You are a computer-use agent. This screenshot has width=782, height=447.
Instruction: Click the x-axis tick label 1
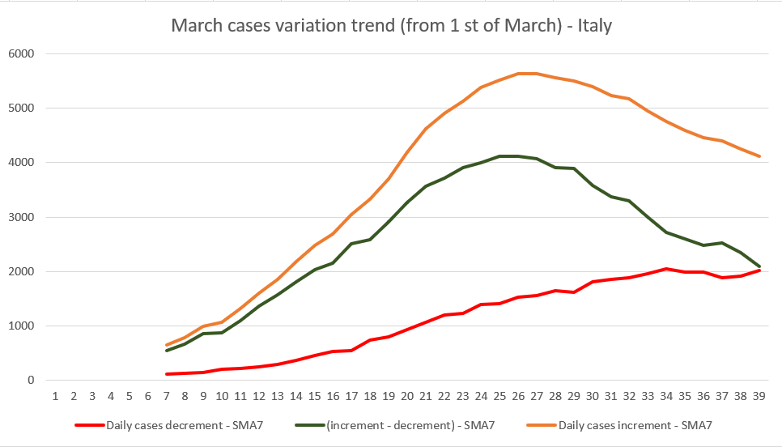(55, 396)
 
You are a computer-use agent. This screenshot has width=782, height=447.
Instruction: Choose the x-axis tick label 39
(759, 396)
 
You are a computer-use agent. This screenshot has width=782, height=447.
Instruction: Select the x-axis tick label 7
(166, 396)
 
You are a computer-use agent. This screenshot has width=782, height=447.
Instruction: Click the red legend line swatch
(88, 424)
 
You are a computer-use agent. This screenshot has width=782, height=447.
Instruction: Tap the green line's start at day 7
(167, 351)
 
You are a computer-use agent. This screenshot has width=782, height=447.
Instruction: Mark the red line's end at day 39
(759, 270)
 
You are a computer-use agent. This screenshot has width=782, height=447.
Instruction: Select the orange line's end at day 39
(759, 156)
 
